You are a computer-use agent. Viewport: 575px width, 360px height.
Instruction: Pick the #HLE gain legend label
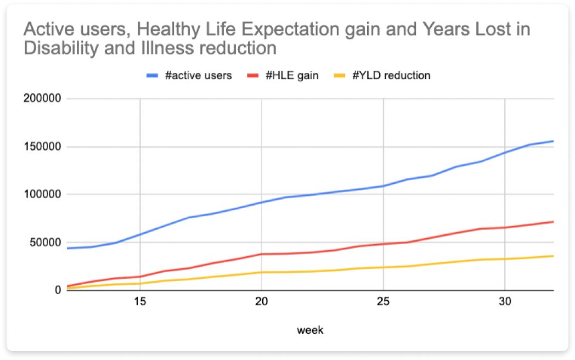coord(292,76)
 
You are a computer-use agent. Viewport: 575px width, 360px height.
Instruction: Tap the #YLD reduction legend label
coord(391,76)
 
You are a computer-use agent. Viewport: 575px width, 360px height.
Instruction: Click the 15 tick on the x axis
coord(140,302)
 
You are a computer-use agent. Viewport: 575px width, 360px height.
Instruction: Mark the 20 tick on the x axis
coord(262,302)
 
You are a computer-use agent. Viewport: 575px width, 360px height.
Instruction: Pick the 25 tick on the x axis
coord(383,302)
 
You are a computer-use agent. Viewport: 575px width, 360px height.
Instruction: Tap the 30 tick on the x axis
coord(505,302)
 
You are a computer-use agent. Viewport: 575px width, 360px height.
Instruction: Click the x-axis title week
coord(310,330)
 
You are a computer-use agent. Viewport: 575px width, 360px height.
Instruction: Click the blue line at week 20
coord(262,202)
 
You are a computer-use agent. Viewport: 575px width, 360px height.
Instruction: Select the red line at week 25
coord(383,244)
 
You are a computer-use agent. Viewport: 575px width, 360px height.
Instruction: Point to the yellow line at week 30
coord(505,259)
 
